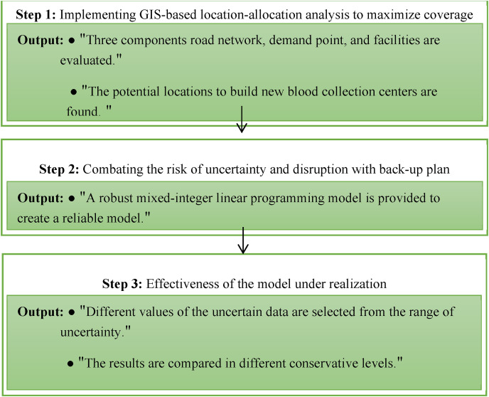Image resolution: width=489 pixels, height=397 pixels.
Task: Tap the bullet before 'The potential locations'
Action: (x=74, y=93)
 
